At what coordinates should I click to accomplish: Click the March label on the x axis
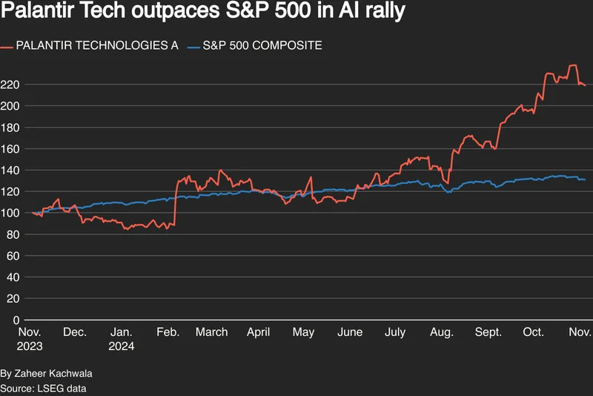pos(212,332)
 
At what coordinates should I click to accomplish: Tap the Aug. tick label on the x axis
pos(441,332)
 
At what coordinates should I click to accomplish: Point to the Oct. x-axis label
pos(534,332)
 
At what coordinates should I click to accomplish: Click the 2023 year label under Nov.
pos(31,346)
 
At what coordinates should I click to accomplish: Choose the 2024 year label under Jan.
pos(122,346)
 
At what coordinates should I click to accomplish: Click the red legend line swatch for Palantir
pos(8,46)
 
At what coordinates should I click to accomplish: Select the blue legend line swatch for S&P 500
pos(194,46)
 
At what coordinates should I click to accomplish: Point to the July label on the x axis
pos(395,332)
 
